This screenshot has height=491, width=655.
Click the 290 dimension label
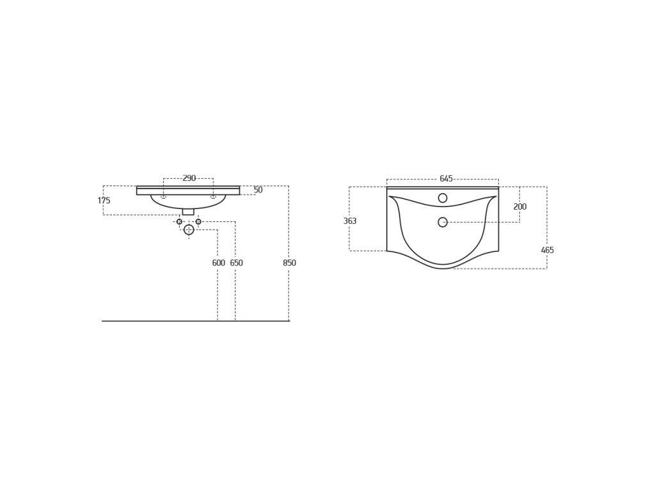click(x=189, y=178)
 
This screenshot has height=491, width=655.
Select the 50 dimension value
click(x=258, y=190)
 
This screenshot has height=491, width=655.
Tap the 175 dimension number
click(x=104, y=200)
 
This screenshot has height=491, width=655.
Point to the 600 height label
click(x=219, y=263)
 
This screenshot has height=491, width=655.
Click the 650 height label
click(x=237, y=263)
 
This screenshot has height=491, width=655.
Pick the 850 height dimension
click(x=290, y=263)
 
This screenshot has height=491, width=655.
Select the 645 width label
click(x=446, y=179)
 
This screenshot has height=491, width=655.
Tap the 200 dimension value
click(x=520, y=207)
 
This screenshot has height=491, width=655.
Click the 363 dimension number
click(x=350, y=221)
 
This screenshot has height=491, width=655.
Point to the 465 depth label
click(x=548, y=250)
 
